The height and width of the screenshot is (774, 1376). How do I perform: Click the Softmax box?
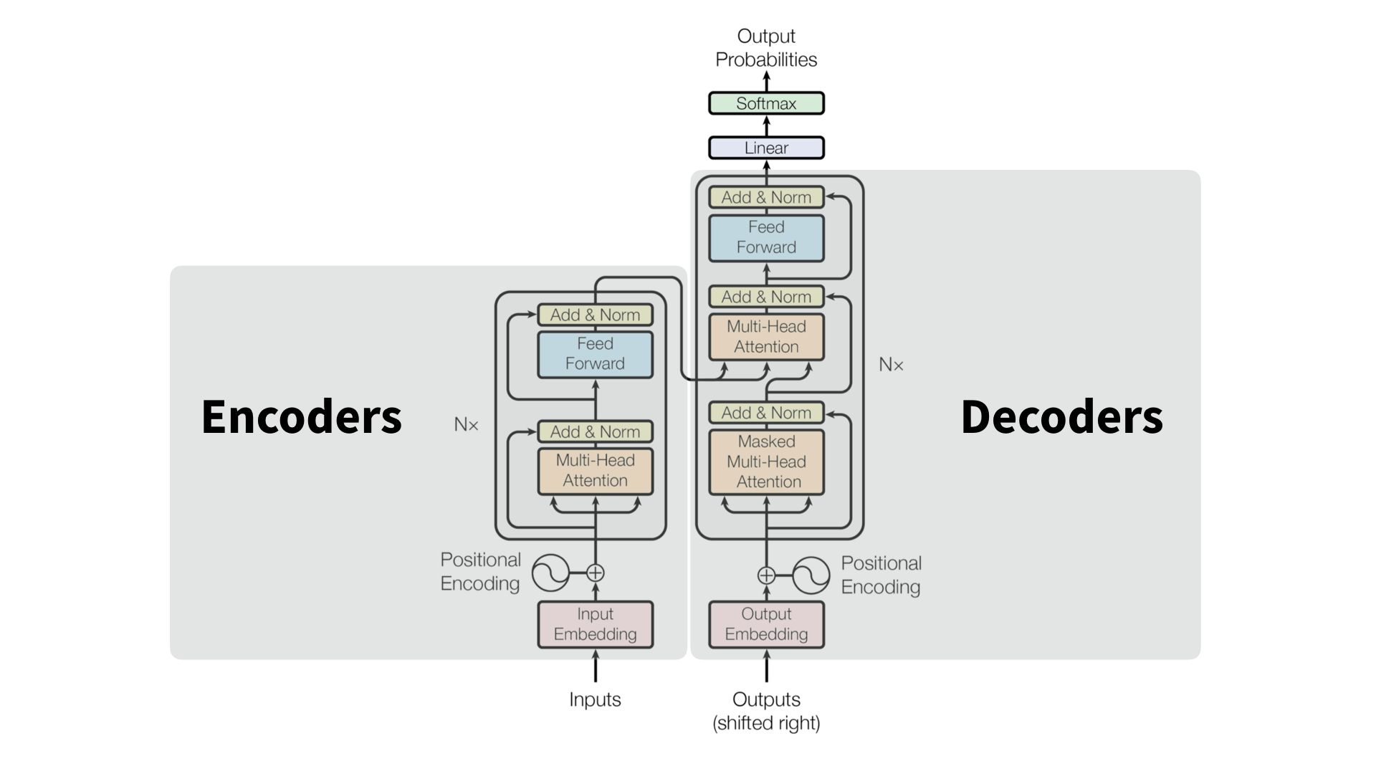(766, 103)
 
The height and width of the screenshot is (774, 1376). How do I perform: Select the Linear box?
(766, 148)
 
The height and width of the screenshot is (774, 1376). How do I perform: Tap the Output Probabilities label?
(766, 47)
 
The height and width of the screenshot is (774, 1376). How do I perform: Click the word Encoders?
(301, 416)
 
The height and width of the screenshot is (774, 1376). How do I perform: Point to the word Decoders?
(1061, 416)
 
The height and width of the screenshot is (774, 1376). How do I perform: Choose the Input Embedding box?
(595, 624)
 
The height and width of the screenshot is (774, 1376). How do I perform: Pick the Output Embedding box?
(766, 624)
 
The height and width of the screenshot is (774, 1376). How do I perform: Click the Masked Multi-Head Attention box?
(766, 462)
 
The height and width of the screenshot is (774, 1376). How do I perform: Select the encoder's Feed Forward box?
(595, 353)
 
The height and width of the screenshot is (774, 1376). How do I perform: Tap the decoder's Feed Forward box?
(766, 237)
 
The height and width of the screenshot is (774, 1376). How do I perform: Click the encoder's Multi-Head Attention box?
(595, 470)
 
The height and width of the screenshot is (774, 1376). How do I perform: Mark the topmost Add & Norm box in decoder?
(766, 197)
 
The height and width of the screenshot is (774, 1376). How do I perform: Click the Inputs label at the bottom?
(595, 699)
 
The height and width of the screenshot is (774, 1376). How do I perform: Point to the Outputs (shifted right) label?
(766, 710)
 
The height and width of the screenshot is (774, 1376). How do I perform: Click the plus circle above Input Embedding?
(596, 573)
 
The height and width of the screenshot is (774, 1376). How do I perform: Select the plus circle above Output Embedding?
(766, 575)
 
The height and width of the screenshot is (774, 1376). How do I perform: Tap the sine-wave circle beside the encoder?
(550, 573)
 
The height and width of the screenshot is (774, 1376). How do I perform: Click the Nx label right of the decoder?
(891, 365)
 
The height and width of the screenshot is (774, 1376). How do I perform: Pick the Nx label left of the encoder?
(466, 424)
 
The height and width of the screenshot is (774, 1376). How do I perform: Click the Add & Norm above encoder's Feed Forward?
(595, 315)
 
